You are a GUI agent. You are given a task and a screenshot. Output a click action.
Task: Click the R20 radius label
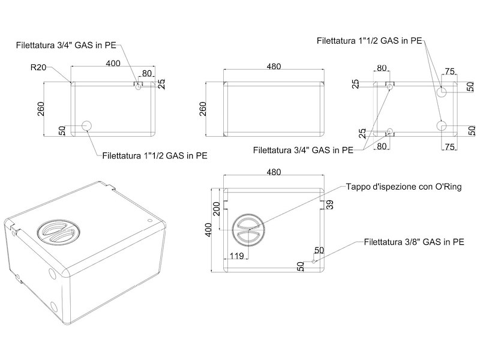tap(38, 67)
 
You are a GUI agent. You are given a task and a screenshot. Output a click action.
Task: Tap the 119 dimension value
tap(236, 256)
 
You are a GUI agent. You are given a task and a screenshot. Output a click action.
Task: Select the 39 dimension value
tap(329, 204)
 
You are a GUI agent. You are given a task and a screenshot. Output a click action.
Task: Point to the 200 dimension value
tap(216, 209)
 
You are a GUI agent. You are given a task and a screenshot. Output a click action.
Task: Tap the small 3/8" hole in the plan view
tap(314, 261)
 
